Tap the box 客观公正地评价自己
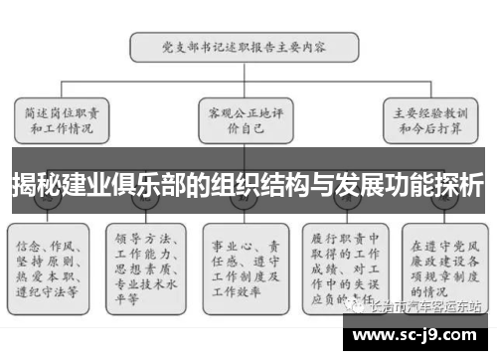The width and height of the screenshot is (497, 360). click(x=241, y=119)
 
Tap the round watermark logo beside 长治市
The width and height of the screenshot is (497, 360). click(x=357, y=307)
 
